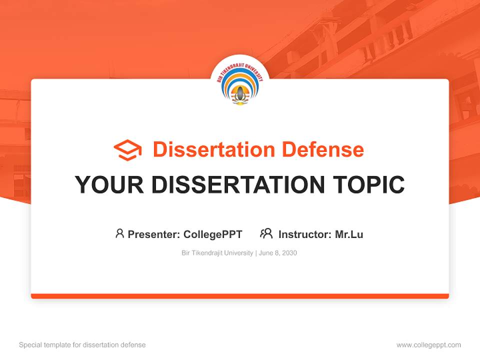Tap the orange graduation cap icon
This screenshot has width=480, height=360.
(x=127, y=150)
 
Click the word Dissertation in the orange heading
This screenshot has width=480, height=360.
(x=213, y=149)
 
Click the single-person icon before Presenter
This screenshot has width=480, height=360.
(x=119, y=233)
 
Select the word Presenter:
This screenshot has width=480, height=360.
(x=153, y=234)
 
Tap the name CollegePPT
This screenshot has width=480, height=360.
(x=213, y=234)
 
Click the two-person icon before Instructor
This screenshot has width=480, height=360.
(x=266, y=233)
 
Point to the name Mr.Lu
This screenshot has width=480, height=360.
(x=349, y=234)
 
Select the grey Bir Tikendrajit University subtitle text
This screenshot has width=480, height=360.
(x=217, y=253)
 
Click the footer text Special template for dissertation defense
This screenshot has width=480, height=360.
(x=82, y=345)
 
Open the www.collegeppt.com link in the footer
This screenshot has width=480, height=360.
(x=428, y=345)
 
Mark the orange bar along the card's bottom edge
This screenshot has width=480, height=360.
(x=240, y=296)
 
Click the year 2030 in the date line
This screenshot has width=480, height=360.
(x=289, y=253)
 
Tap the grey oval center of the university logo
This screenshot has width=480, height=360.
(x=240, y=93)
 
